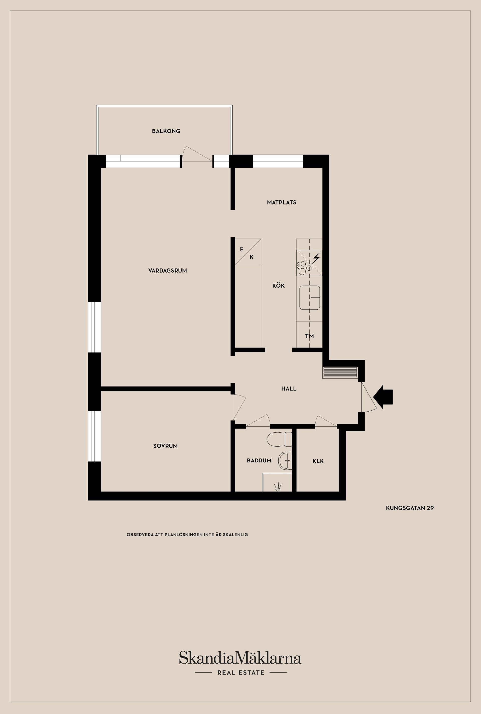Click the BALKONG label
(x=166, y=131)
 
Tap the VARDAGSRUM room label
(x=168, y=270)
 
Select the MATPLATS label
(x=281, y=202)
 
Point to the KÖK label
(x=278, y=285)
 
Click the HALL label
(x=288, y=389)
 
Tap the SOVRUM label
(x=165, y=446)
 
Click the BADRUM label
(x=259, y=460)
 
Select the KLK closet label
(x=318, y=461)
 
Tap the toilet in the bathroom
(x=279, y=439)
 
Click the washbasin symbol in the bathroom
(x=284, y=460)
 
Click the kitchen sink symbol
(x=310, y=297)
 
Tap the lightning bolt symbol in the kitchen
(x=316, y=258)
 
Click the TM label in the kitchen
(x=309, y=336)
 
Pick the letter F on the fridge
(x=242, y=249)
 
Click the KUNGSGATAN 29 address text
(x=410, y=508)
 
